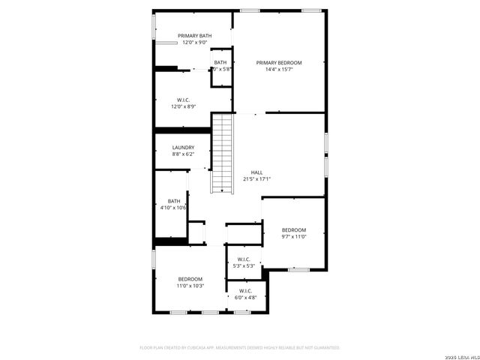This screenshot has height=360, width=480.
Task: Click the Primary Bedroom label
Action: pos(279,62)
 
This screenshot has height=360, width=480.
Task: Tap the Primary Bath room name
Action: pos(194,35)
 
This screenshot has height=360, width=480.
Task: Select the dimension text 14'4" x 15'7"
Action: pos(279,70)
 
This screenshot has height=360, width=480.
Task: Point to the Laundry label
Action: pos(183,147)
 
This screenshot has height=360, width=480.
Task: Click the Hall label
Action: pos(256,172)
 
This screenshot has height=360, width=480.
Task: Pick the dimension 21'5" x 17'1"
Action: pos(256,179)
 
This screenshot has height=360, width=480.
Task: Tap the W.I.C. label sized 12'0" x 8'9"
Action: pos(183,99)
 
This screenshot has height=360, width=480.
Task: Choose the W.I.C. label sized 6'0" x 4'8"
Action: pos(245,290)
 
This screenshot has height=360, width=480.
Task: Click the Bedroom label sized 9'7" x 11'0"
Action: pos(294,229)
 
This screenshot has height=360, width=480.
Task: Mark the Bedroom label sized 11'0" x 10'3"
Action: pos(190,279)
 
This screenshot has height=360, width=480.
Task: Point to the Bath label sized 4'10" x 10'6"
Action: pos(174,200)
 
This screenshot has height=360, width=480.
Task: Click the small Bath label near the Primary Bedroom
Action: pos(220,62)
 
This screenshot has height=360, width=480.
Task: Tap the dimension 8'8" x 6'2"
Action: pos(183,154)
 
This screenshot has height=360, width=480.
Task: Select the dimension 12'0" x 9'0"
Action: pos(194,43)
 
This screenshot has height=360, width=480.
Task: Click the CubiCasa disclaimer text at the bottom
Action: pos(240,348)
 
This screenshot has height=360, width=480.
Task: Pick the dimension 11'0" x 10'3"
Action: pos(190,286)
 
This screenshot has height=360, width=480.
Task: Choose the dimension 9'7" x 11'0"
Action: pos(294,237)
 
